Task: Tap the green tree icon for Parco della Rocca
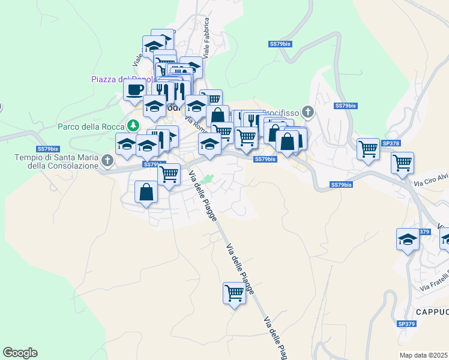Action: coord(134,126)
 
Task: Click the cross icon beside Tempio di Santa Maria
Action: coord(107,160)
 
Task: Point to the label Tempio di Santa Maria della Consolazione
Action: coord(56,161)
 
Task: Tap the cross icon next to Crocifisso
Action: coord(308,112)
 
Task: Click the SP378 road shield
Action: coord(390,143)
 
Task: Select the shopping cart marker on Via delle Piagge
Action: coord(234,293)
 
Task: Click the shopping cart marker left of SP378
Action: coord(368,149)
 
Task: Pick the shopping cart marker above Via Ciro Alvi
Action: coord(402,162)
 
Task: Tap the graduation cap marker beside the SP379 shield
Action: coord(408,239)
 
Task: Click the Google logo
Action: coord(20,353)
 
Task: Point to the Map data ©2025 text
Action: coord(424,355)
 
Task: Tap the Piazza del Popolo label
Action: coord(122,79)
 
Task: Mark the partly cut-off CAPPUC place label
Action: coord(432,312)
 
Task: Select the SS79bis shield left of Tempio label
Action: coord(47,148)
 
